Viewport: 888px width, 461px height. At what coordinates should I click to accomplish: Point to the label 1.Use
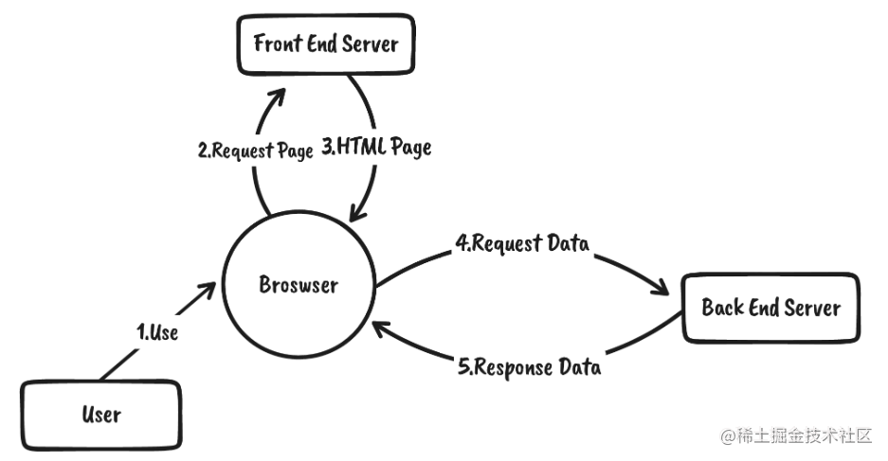(x=157, y=332)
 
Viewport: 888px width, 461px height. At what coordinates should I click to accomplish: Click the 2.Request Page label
(x=256, y=151)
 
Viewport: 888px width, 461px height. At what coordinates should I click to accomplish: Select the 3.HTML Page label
(x=376, y=147)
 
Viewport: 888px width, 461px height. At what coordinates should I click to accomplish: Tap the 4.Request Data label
(x=522, y=243)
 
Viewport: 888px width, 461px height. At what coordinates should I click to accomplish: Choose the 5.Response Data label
(x=530, y=367)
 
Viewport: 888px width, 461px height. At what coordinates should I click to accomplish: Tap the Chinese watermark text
(x=796, y=436)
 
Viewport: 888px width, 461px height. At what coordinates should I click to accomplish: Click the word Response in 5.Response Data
(x=513, y=367)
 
